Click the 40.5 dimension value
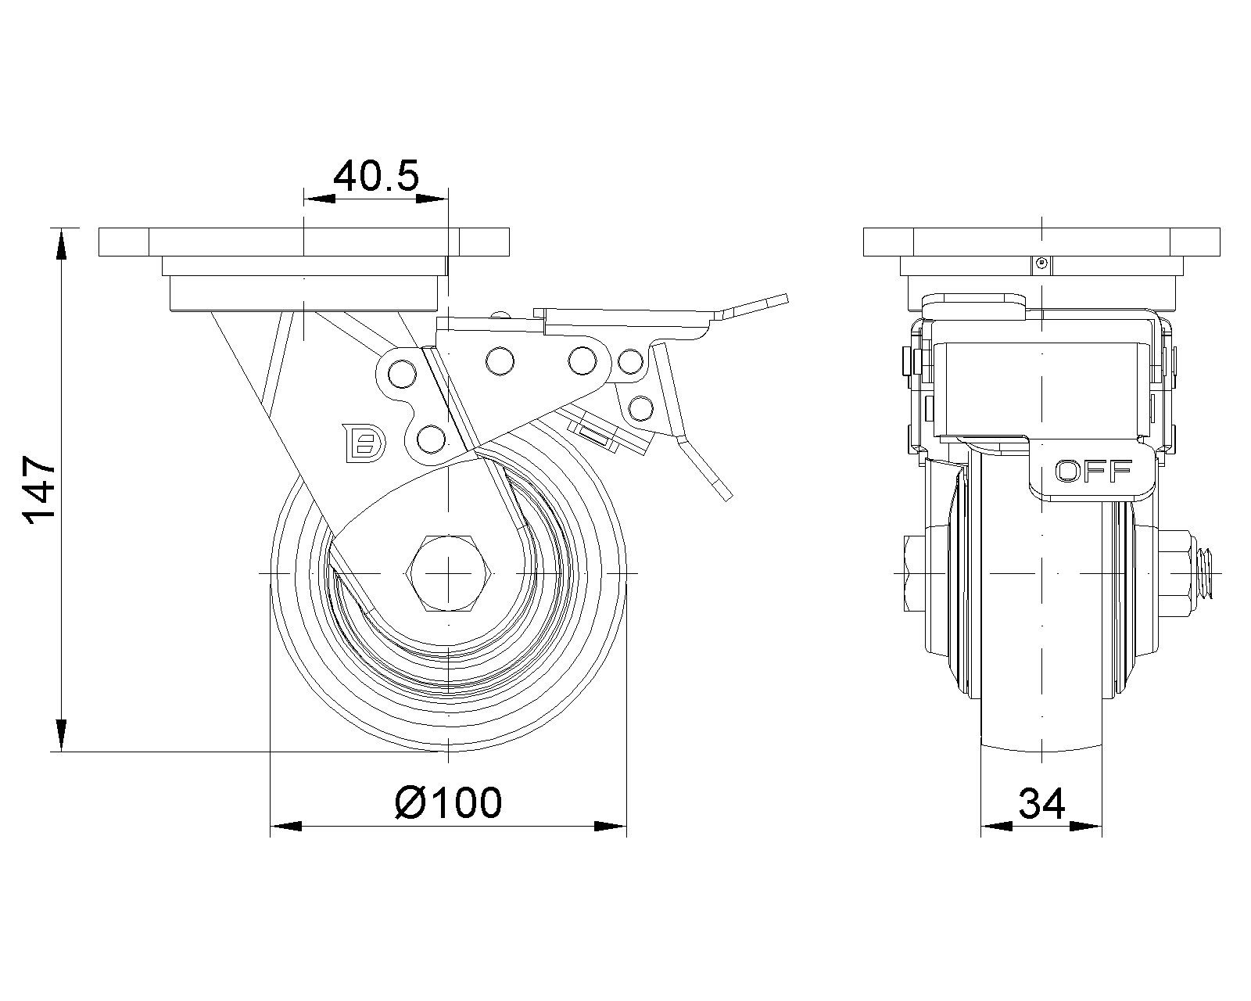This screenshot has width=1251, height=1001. [376, 177]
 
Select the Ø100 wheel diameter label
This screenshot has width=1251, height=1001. [448, 802]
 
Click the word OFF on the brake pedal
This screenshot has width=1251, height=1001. [1094, 471]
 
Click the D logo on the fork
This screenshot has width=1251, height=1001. [364, 443]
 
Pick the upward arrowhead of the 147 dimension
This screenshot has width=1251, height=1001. [61, 242]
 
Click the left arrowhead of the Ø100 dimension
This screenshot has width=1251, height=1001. [285, 826]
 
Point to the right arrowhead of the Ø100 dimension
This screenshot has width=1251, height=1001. [611, 826]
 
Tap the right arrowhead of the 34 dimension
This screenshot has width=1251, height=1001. [1088, 826]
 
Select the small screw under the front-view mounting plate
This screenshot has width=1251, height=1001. [1041, 264]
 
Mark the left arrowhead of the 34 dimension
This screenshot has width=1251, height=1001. [996, 826]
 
